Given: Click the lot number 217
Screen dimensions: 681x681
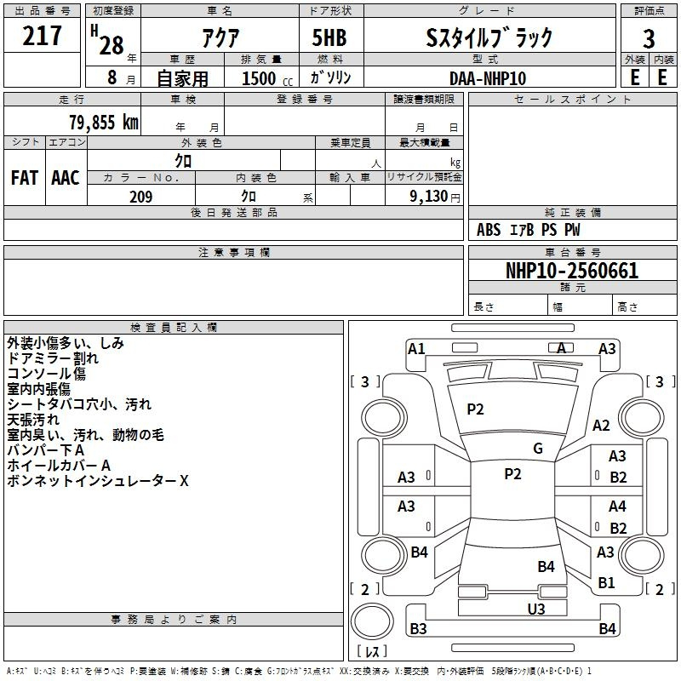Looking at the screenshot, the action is pyautogui.click(x=42, y=35).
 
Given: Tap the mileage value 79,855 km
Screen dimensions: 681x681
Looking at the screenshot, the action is pyautogui.click(x=104, y=122).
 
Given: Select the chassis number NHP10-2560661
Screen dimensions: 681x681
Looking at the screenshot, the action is pyautogui.click(x=572, y=271).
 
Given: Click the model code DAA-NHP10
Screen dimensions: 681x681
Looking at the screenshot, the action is pyautogui.click(x=488, y=78).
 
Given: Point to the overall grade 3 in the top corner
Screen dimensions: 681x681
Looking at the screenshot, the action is pyautogui.click(x=649, y=39).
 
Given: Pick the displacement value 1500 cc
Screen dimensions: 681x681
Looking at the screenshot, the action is pyautogui.click(x=267, y=78).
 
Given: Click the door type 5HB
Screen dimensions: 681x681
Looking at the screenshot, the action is pyautogui.click(x=329, y=37).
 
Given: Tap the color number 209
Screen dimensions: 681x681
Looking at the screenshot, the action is pyautogui.click(x=140, y=197).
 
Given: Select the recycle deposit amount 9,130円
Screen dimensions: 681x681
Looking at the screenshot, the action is pyautogui.click(x=435, y=197).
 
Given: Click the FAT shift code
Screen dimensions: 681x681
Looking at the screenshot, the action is pyautogui.click(x=25, y=178).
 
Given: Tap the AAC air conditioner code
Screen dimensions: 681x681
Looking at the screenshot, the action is pyautogui.click(x=66, y=178).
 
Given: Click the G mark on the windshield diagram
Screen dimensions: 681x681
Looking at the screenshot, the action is pyautogui.click(x=538, y=449).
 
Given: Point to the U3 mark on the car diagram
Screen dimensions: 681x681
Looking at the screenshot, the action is pyautogui.click(x=536, y=609).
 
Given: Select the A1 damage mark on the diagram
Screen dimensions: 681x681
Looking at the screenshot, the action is pyautogui.click(x=416, y=349).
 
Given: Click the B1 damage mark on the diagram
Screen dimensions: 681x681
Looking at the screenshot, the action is pyautogui.click(x=606, y=582).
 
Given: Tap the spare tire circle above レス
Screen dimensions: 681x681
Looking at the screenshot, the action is pyautogui.click(x=372, y=621).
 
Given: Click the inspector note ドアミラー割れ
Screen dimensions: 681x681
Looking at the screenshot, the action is pyautogui.click(x=53, y=358).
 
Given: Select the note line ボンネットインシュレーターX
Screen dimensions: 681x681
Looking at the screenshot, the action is pyautogui.click(x=98, y=481).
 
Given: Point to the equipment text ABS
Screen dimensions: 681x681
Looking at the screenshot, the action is pyautogui.click(x=489, y=230).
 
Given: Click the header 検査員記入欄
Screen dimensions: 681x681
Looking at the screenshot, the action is pyautogui.click(x=174, y=328).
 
